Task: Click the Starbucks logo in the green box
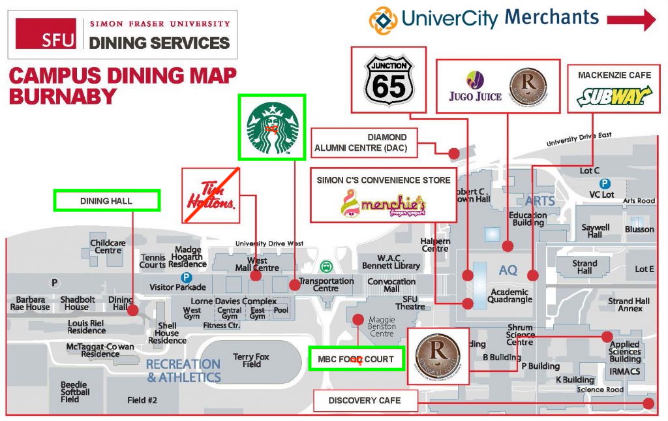[272, 127]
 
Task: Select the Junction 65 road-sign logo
[389, 80]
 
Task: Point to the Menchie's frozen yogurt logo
[382, 203]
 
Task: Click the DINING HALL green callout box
[106, 200]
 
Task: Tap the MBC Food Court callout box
[356, 359]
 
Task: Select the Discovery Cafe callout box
[365, 400]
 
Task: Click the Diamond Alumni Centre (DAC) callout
[364, 143]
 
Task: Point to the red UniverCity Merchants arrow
[631, 19]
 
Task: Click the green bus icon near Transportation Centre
[325, 266]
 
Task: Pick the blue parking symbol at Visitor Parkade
[187, 277]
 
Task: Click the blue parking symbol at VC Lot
[605, 184]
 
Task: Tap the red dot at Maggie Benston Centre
[357, 319]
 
